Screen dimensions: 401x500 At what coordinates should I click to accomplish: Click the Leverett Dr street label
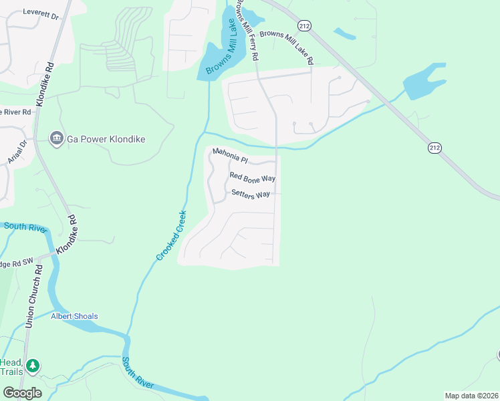(x=42, y=12)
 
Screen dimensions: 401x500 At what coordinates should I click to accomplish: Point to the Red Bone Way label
(x=253, y=177)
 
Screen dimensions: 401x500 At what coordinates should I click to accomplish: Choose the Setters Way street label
(x=251, y=194)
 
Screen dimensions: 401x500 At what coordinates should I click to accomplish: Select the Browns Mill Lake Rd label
(x=287, y=45)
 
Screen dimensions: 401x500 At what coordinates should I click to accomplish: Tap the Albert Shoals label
(x=74, y=316)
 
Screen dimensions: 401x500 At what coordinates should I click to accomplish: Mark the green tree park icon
(x=32, y=366)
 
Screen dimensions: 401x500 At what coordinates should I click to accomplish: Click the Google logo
(x=22, y=393)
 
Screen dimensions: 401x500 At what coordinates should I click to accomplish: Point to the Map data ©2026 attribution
(x=472, y=396)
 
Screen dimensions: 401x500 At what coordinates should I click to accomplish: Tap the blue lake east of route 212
(x=424, y=81)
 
